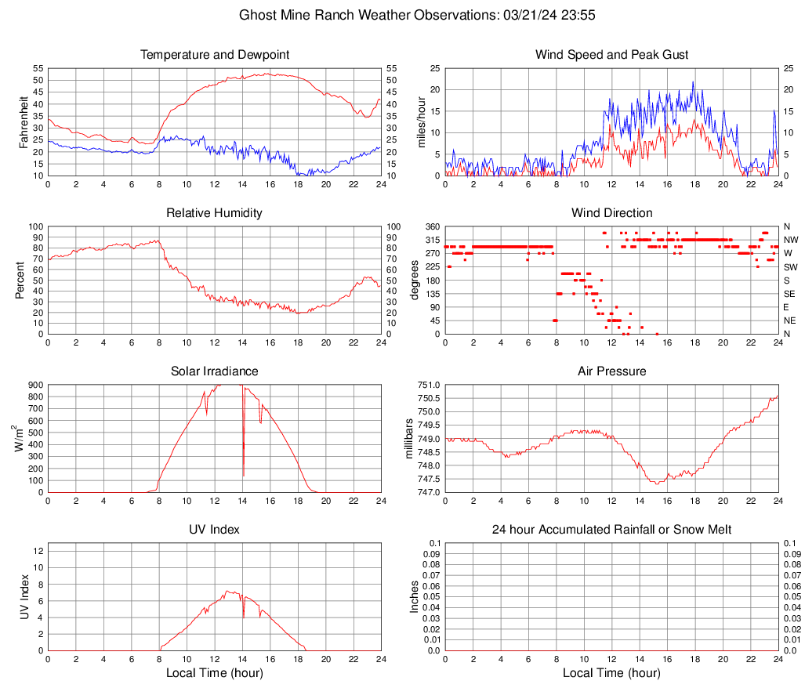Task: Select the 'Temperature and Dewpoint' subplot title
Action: tap(215, 55)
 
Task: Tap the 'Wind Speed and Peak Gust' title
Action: tap(612, 55)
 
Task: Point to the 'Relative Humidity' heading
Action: tap(215, 213)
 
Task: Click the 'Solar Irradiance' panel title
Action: tap(215, 371)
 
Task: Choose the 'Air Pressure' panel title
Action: tap(612, 371)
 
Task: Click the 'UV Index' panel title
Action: tap(215, 530)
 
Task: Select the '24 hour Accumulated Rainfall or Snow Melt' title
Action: tap(612, 530)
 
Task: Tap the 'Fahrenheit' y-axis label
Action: tap(23, 122)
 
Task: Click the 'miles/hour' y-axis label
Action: tap(422, 122)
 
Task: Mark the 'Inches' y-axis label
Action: tap(415, 596)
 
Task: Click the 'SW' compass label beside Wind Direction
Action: tap(789, 267)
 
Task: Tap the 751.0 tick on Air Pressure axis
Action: tap(428, 385)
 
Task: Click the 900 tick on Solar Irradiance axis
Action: tap(33, 385)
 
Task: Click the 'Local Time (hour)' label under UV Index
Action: tap(215, 673)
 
